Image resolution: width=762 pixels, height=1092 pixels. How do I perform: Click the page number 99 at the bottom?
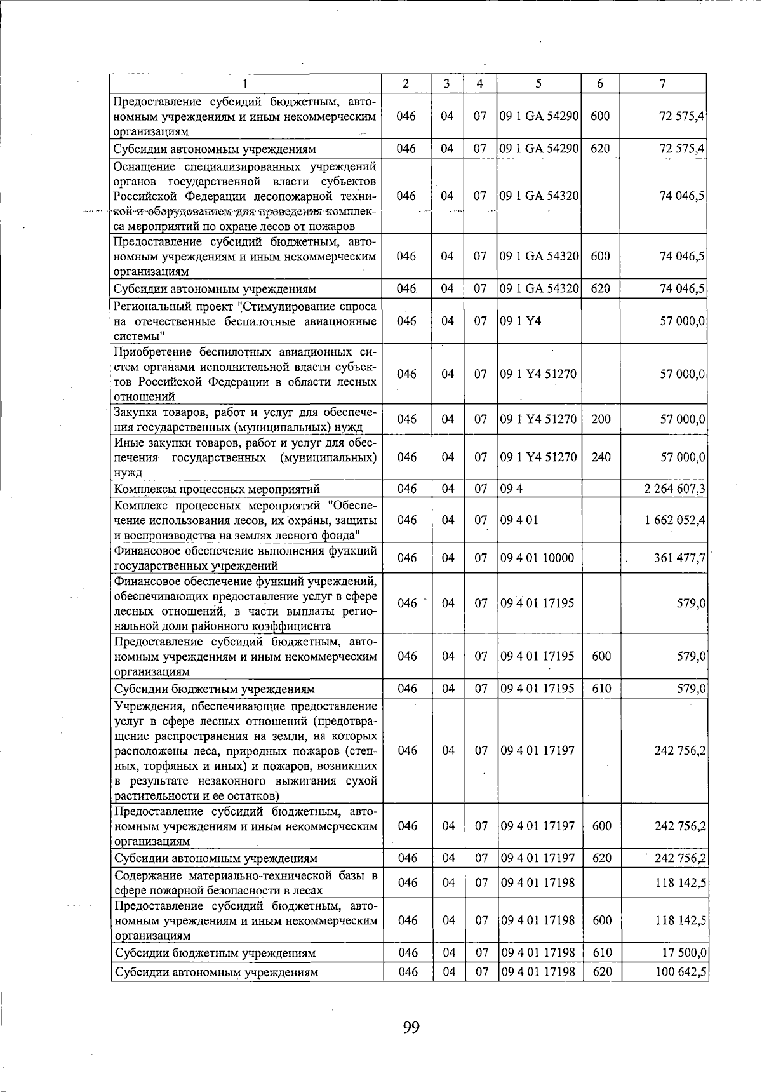411,1027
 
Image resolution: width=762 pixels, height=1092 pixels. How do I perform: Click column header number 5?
538,84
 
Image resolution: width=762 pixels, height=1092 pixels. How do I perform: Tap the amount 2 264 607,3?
674,489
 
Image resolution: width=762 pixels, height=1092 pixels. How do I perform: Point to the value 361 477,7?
679,558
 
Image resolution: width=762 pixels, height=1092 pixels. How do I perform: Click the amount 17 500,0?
683,953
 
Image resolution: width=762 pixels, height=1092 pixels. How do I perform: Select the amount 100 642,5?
679,972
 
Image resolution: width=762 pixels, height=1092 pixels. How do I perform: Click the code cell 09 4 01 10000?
537,558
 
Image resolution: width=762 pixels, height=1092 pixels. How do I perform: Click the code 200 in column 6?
601,419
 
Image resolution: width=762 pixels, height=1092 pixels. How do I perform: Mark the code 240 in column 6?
601,457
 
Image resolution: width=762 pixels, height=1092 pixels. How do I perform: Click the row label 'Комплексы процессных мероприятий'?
217,489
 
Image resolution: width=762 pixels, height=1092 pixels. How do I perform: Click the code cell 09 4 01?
519,520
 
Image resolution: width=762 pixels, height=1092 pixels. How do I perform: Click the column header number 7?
663,84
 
